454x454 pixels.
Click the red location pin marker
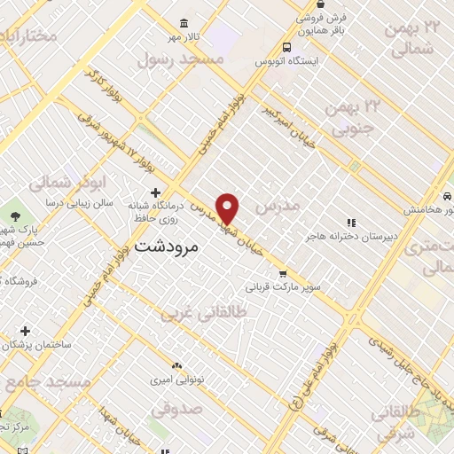click(x=228, y=208)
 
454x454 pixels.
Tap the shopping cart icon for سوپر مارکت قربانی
click(x=283, y=274)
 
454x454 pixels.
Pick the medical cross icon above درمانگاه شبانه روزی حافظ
click(x=156, y=192)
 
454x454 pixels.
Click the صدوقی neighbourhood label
click(x=176, y=410)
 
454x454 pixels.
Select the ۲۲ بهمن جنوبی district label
click(x=353, y=120)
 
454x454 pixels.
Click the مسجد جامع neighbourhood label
click(x=49, y=381)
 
